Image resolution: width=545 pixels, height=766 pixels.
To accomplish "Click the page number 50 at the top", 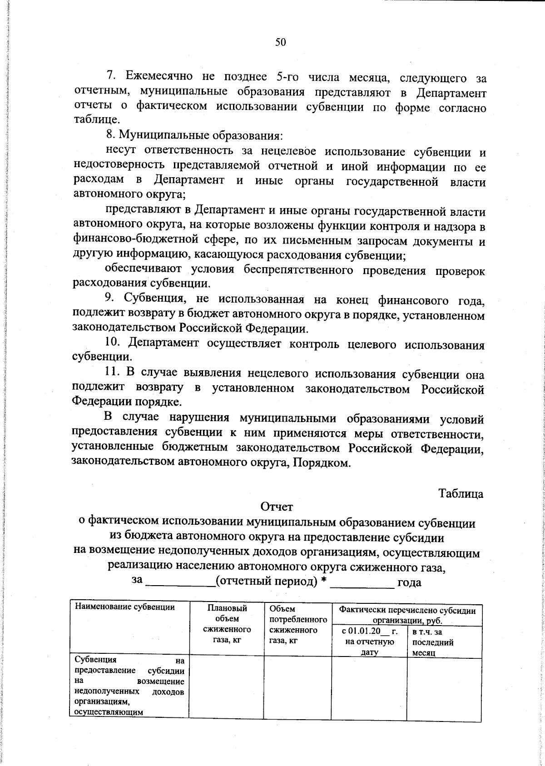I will (x=280, y=43).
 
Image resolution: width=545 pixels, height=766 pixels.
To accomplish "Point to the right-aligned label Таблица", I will (x=461, y=493).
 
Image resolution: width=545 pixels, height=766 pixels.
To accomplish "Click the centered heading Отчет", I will (x=277, y=506).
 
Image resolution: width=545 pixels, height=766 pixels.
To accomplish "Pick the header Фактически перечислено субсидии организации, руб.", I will (x=407, y=615).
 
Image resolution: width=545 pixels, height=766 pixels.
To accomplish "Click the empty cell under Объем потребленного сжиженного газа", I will (x=297, y=686).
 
